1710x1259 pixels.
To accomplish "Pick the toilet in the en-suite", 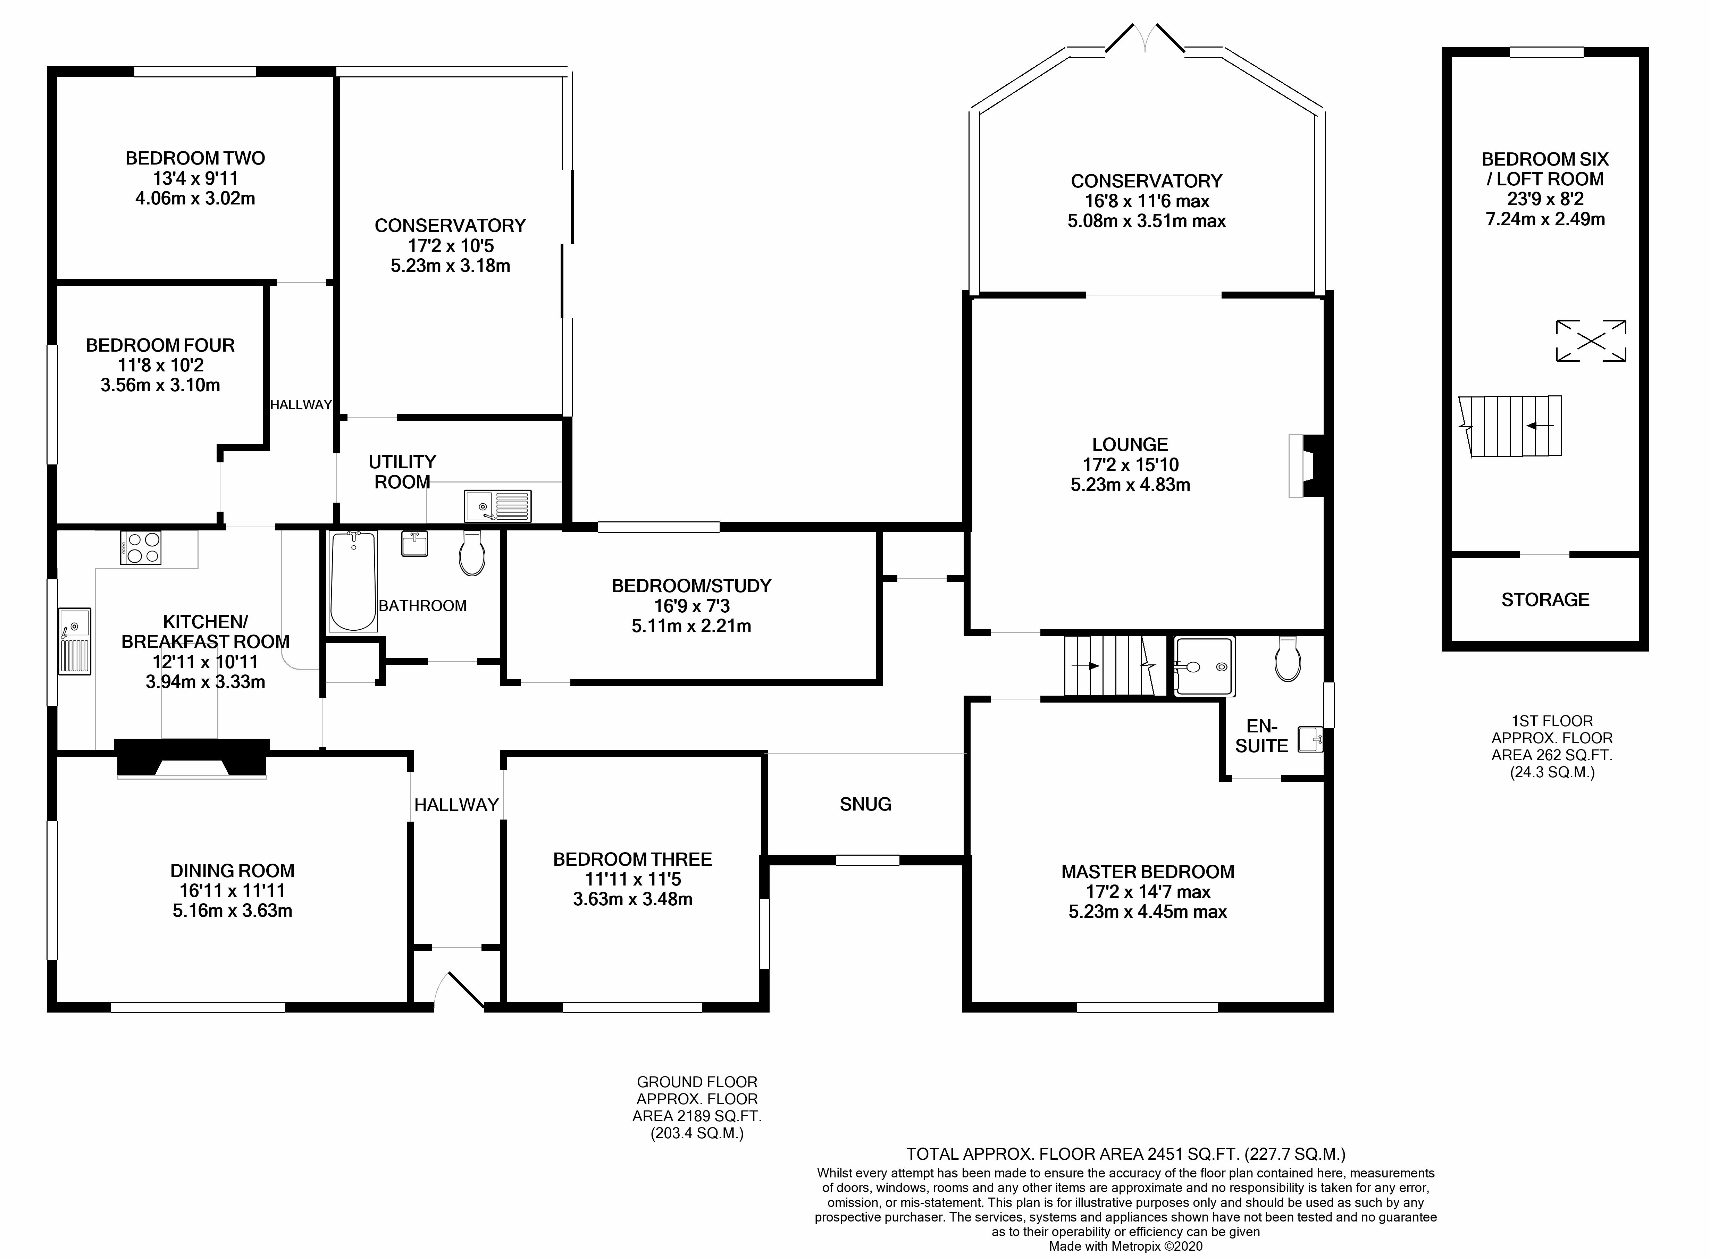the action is (1288, 658).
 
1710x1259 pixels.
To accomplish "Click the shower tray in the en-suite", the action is (1204, 667).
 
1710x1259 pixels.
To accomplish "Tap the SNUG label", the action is (866, 804).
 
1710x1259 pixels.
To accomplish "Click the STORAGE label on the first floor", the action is (1545, 600).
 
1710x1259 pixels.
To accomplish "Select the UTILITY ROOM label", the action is (402, 472).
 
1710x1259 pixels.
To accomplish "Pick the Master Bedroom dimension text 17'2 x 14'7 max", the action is (1148, 892).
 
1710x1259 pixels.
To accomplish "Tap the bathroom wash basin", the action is (414, 544).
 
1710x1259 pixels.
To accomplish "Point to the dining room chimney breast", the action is (192, 757).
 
